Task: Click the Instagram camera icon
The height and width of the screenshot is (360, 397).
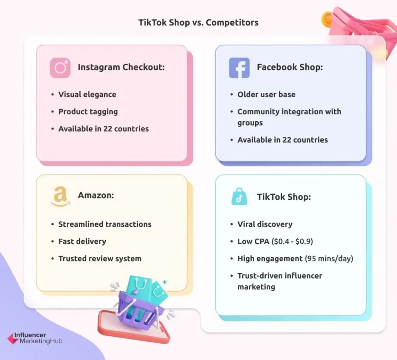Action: pyautogui.click(x=60, y=67)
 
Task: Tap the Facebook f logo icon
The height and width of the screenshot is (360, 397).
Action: pyautogui.click(x=239, y=67)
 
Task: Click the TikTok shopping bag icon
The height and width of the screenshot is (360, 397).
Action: pyautogui.click(x=239, y=197)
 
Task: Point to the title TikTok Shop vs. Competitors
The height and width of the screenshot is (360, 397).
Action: pyautogui.click(x=198, y=22)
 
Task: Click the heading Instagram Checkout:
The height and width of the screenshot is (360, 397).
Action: pyautogui.click(x=121, y=67)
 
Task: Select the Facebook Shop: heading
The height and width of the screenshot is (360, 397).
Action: pyautogui.click(x=290, y=67)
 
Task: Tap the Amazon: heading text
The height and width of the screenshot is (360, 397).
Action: pyautogui.click(x=96, y=195)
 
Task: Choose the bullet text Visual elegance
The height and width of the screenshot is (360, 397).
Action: pyautogui.click(x=87, y=94)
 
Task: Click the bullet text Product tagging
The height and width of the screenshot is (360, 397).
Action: pyautogui.click(x=88, y=112)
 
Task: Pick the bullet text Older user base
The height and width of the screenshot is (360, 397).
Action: pyautogui.click(x=266, y=94)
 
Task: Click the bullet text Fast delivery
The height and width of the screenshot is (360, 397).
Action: pyautogui.click(x=82, y=241)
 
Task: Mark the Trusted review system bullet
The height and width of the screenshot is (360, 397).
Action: pyautogui.click(x=100, y=258)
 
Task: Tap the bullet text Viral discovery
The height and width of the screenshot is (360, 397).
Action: pyautogui.click(x=265, y=224)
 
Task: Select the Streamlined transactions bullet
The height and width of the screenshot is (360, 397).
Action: pyautogui.click(x=105, y=224)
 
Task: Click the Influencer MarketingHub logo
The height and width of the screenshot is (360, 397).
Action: pyautogui.click(x=35, y=338)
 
